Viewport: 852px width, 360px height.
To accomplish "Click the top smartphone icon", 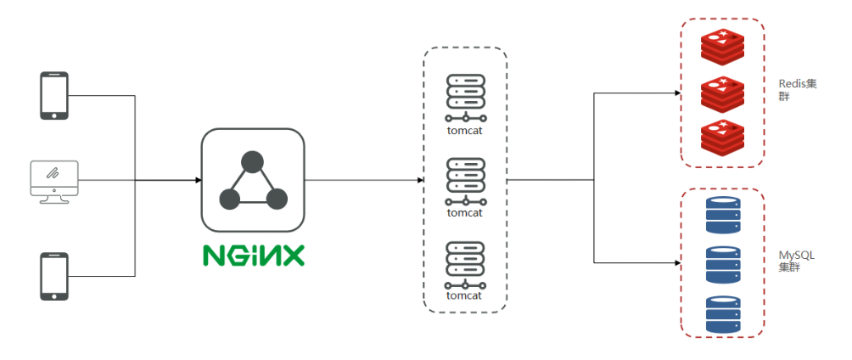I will tap(54, 95).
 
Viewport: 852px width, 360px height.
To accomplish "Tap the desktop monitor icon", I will tap(54, 180).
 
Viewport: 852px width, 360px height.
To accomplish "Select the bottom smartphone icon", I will tap(54, 275).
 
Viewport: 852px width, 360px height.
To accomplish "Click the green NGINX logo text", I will tap(253, 254).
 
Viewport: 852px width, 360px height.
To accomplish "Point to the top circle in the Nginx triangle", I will tap(252, 161).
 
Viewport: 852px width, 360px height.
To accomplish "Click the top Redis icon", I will tap(723, 47).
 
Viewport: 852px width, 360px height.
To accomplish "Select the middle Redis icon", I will tap(723, 93).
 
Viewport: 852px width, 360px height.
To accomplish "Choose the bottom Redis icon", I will tap(723, 138).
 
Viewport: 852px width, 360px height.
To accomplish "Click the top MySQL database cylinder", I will tap(723, 215).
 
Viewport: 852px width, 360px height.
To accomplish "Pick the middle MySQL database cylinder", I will tap(723, 264).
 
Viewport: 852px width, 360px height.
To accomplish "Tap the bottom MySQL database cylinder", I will tap(723, 313).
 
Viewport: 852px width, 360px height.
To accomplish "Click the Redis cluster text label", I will tap(797, 90).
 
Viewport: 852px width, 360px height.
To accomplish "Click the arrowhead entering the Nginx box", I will tap(198, 180).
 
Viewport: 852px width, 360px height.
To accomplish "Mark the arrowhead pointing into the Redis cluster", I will tap(676, 93).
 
